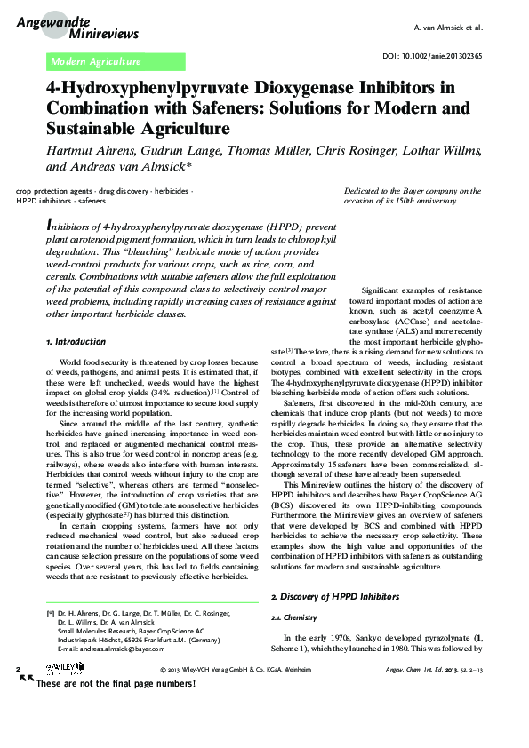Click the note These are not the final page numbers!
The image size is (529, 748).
(x=116, y=683)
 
